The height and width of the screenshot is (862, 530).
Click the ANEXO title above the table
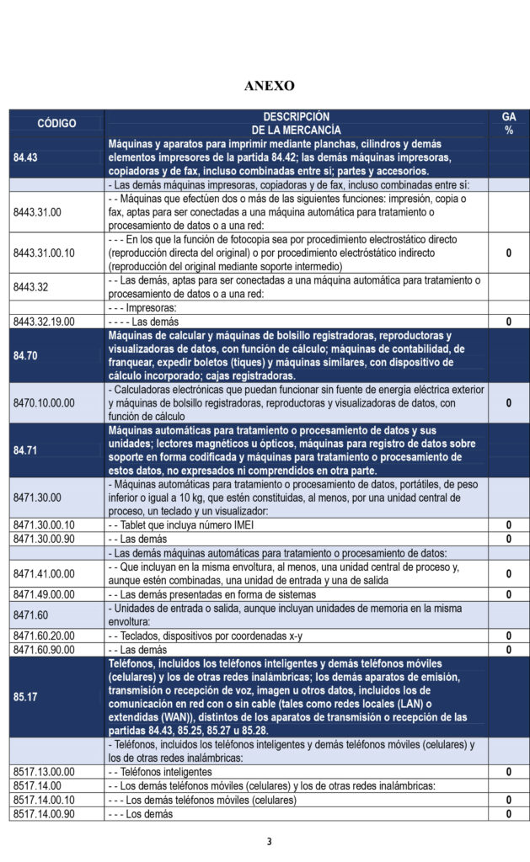[269, 86]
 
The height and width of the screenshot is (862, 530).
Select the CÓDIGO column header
[56, 123]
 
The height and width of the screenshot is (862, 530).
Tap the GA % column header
[508, 123]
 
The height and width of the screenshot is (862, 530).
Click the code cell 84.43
[25, 157]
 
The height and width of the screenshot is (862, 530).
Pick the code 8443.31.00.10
[44, 253]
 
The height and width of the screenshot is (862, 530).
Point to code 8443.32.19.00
[44, 321]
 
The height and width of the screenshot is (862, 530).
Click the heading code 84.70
[25, 355]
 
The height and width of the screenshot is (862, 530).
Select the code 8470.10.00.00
[44, 402]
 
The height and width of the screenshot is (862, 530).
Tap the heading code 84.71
[25, 450]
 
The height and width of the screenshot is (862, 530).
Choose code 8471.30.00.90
[44, 539]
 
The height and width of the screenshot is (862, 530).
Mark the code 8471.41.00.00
[44, 573]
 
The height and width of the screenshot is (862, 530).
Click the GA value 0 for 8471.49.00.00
[508, 594]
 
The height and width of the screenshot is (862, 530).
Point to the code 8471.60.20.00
[44, 636]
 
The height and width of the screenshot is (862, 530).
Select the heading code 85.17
[25, 697]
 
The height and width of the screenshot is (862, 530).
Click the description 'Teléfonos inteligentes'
[160, 771]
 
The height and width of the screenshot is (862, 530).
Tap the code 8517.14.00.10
[44, 800]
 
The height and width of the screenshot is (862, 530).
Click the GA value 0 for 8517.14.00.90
[508, 814]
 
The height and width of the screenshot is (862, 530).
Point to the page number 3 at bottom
[269, 841]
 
